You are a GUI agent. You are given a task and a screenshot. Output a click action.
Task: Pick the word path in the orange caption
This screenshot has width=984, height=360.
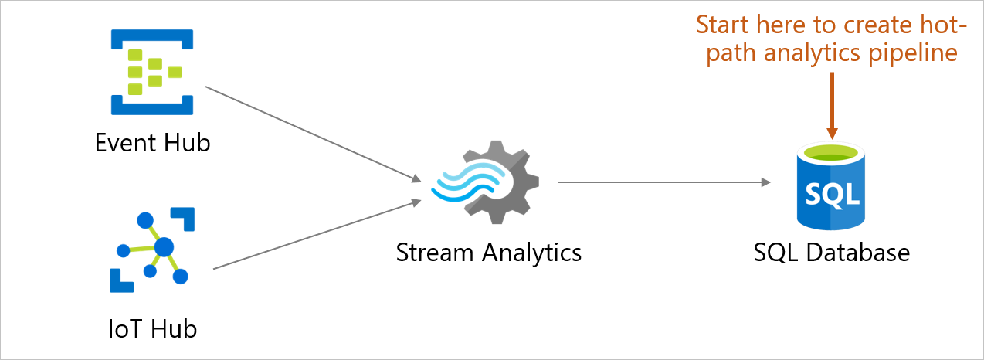tap(729, 53)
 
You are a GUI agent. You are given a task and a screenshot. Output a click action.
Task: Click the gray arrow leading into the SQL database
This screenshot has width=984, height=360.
tap(664, 183)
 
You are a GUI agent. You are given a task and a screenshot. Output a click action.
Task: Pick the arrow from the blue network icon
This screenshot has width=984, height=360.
tap(317, 235)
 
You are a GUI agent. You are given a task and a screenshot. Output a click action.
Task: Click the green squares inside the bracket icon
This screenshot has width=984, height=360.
tap(151, 72)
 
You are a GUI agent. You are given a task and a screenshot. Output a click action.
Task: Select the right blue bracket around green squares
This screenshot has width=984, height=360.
tap(185, 72)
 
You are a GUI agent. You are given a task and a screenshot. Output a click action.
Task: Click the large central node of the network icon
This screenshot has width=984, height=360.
tap(164, 247)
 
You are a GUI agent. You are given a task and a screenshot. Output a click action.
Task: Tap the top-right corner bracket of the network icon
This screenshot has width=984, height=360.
tap(185, 217)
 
